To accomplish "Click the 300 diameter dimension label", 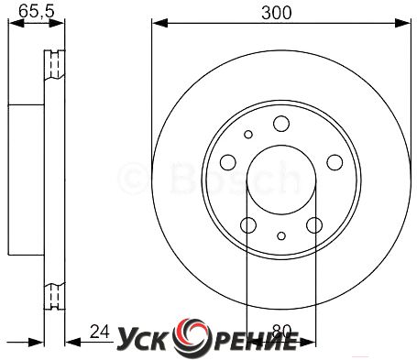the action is (x=277, y=13).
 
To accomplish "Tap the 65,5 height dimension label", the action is (x=37, y=11).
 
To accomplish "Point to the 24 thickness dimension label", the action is (x=100, y=332).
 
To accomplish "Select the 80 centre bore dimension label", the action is (x=281, y=332).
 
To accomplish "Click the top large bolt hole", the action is (x=281, y=124).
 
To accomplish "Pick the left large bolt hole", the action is (x=228, y=162).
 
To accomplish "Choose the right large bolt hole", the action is (x=335, y=162).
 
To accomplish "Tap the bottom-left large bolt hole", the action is (x=248, y=225).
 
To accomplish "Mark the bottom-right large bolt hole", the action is (x=314, y=225).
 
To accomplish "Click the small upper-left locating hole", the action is (x=248, y=134).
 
